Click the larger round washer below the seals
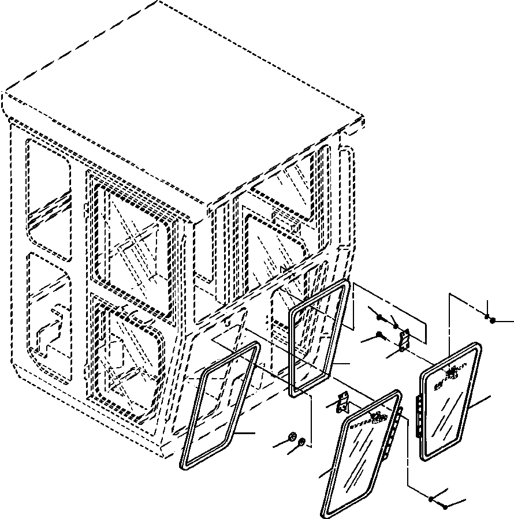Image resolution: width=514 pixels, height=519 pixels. pyautogui.click(x=292, y=436)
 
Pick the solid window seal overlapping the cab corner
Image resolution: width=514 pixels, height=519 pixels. pyautogui.click(x=318, y=337)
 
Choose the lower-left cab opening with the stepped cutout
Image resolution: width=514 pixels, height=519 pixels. pyautogui.click(x=49, y=323)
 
